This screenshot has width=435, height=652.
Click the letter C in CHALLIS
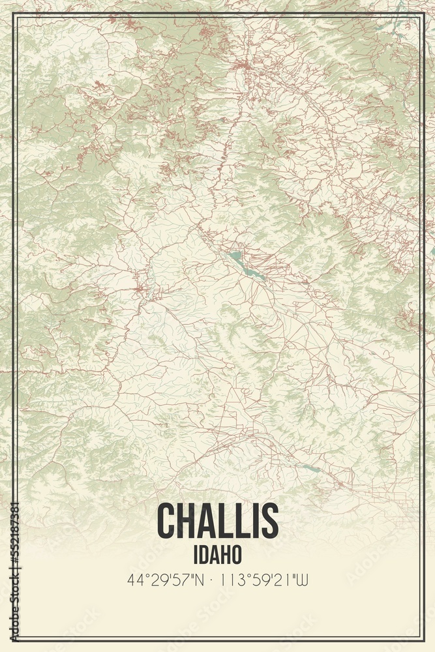pos(168,521)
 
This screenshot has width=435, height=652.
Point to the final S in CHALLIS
pos(270,521)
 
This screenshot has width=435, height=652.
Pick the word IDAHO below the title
pos(218,554)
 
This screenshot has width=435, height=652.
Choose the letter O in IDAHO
pos(235,554)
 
